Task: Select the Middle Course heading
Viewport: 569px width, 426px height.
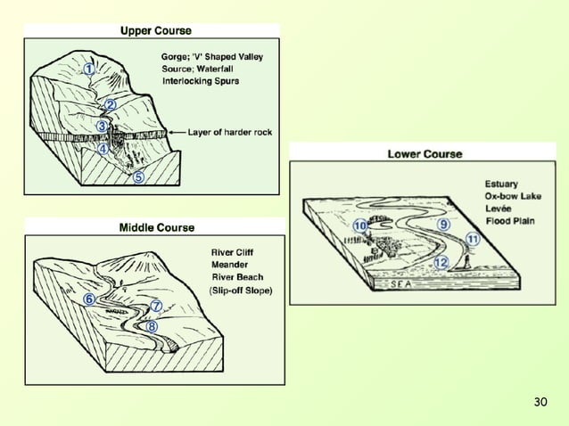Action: coord(157,228)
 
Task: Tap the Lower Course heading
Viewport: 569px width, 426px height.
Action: coord(425,153)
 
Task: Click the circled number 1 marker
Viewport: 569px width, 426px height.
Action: coord(90,67)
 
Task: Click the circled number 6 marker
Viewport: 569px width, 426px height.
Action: coord(89,299)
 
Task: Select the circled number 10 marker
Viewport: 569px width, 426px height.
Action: coord(359,226)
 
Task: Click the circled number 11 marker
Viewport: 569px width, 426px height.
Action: coord(473,239)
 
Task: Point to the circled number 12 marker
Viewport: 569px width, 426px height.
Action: coord(441,262)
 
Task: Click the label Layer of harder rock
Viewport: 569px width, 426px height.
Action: coord(229,132)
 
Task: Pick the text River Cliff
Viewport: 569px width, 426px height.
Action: coord(232,252)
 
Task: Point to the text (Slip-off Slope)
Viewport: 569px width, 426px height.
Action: coord(240,291)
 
